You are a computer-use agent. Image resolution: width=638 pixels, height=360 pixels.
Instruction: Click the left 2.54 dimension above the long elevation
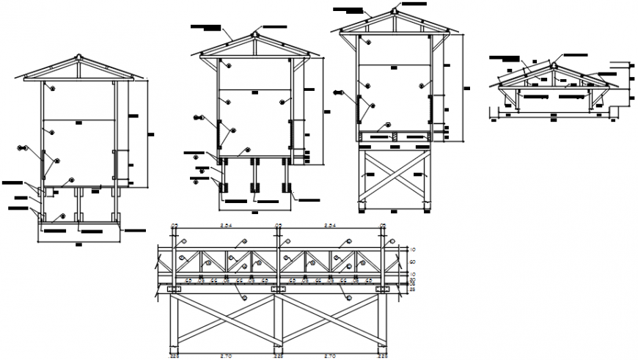point(227,226)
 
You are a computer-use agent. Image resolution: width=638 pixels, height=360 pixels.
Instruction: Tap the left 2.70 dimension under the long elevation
point(227,355)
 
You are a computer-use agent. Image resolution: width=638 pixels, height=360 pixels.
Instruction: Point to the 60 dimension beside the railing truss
point(412,262)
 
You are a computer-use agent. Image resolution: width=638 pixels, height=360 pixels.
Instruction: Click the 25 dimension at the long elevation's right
point(412,290)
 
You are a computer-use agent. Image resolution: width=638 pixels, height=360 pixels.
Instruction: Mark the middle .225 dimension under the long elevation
point(279,355)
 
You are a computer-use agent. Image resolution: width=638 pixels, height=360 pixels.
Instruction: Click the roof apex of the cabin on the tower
point(395,11)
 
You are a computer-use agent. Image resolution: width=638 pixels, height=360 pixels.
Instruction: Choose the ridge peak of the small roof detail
point(554,65)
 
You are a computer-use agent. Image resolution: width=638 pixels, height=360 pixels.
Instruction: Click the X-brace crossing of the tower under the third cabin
point(395,175)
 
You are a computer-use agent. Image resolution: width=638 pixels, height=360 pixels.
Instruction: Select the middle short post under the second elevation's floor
point(253,176)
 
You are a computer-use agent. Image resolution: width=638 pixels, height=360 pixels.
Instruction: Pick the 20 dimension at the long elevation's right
point(412,279)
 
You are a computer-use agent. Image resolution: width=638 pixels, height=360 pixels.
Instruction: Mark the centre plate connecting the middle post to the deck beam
point(279,291)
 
